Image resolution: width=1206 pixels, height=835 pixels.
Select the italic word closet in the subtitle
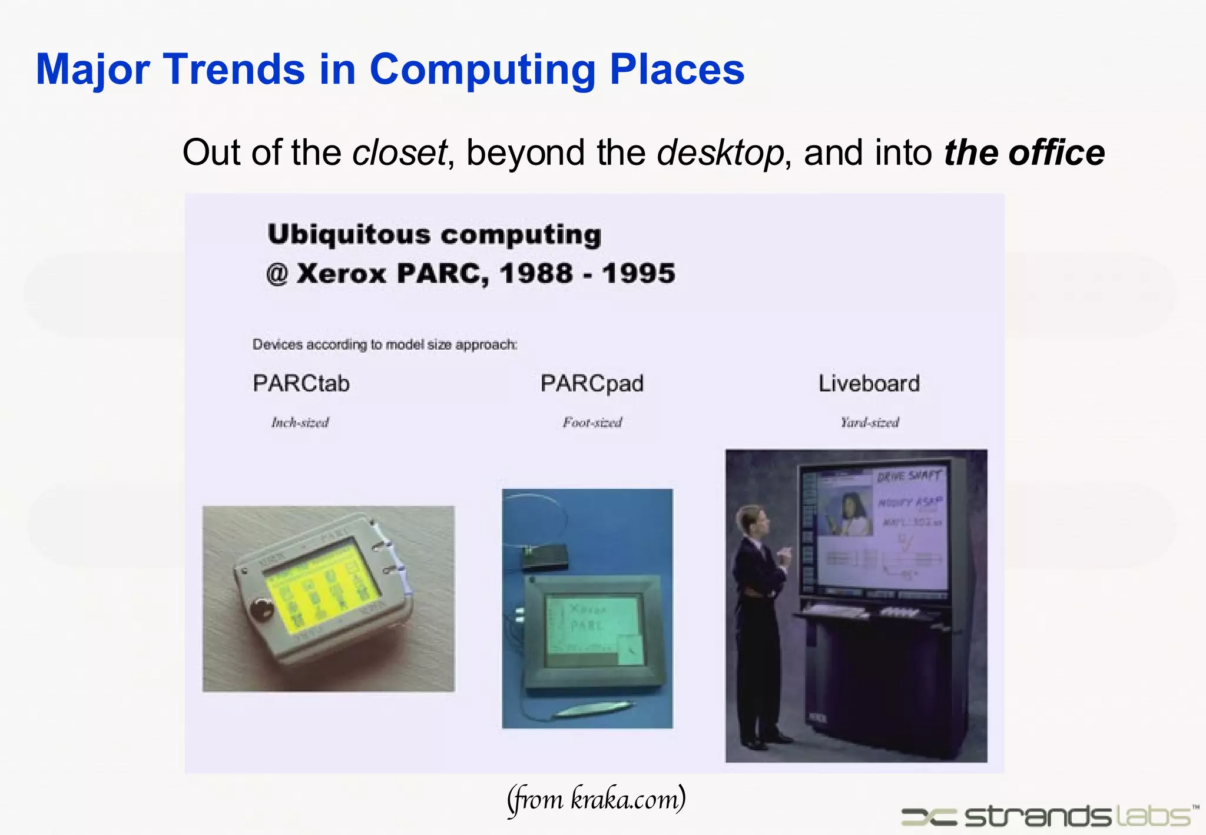(x=399, y=153)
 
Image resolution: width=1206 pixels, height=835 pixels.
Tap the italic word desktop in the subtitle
(x=720, y=153)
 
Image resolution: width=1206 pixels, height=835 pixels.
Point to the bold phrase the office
(x=1024, y=153)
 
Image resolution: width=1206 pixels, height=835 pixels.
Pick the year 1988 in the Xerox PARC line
(x=536, y=273)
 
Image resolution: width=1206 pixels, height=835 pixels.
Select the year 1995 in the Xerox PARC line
(x=638, y=273)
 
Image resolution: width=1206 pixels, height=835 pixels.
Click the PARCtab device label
(x=301, y=383)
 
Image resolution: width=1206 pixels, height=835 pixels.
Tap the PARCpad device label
(x=592, y=383)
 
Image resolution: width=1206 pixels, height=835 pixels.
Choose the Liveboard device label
(x=869, y=383)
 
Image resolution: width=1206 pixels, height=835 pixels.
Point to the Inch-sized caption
(x=300, y=422)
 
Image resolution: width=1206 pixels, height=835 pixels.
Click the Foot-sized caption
(x=592, y=422)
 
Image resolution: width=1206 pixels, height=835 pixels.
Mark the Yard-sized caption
(x=869, y=422)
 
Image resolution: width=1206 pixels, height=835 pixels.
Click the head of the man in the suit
(x=753, y=519)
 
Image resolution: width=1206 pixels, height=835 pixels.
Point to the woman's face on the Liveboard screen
(x=852, y=504)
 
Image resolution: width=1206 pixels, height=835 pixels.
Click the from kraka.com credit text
(x=596, y=799)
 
